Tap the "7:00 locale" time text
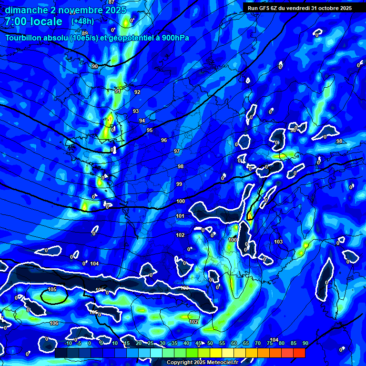pyautogui.click(x=33, y=22)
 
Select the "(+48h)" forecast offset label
pyautogui.click(x=82, y=21)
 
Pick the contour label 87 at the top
pyautogui.click(x=112, y=2)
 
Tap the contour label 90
pyautogui.click(x=94, y=66)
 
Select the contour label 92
pyautogui.click(x=137, y=92)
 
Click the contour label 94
pyautogui.click(x=142, y=121)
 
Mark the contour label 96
pyautogui.click(x=164, y=140)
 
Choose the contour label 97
pyautogui.click(x=177, y=151)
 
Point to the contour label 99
pyautogui.click(x=179, y=184)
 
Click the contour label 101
pyautogui.click(x=180, y=216)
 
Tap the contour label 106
pyautogui.click(x=54, y=323)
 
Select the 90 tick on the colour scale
pyautogui.click(x=305, y=344)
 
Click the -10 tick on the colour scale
pyautogui.click(x=68, y=344)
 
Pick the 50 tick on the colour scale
pyautogui.click(x=210, y=344)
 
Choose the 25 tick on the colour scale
pyautogui.click(x=151, y=344)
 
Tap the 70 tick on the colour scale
pyautogui.click(x=258, y=344)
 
